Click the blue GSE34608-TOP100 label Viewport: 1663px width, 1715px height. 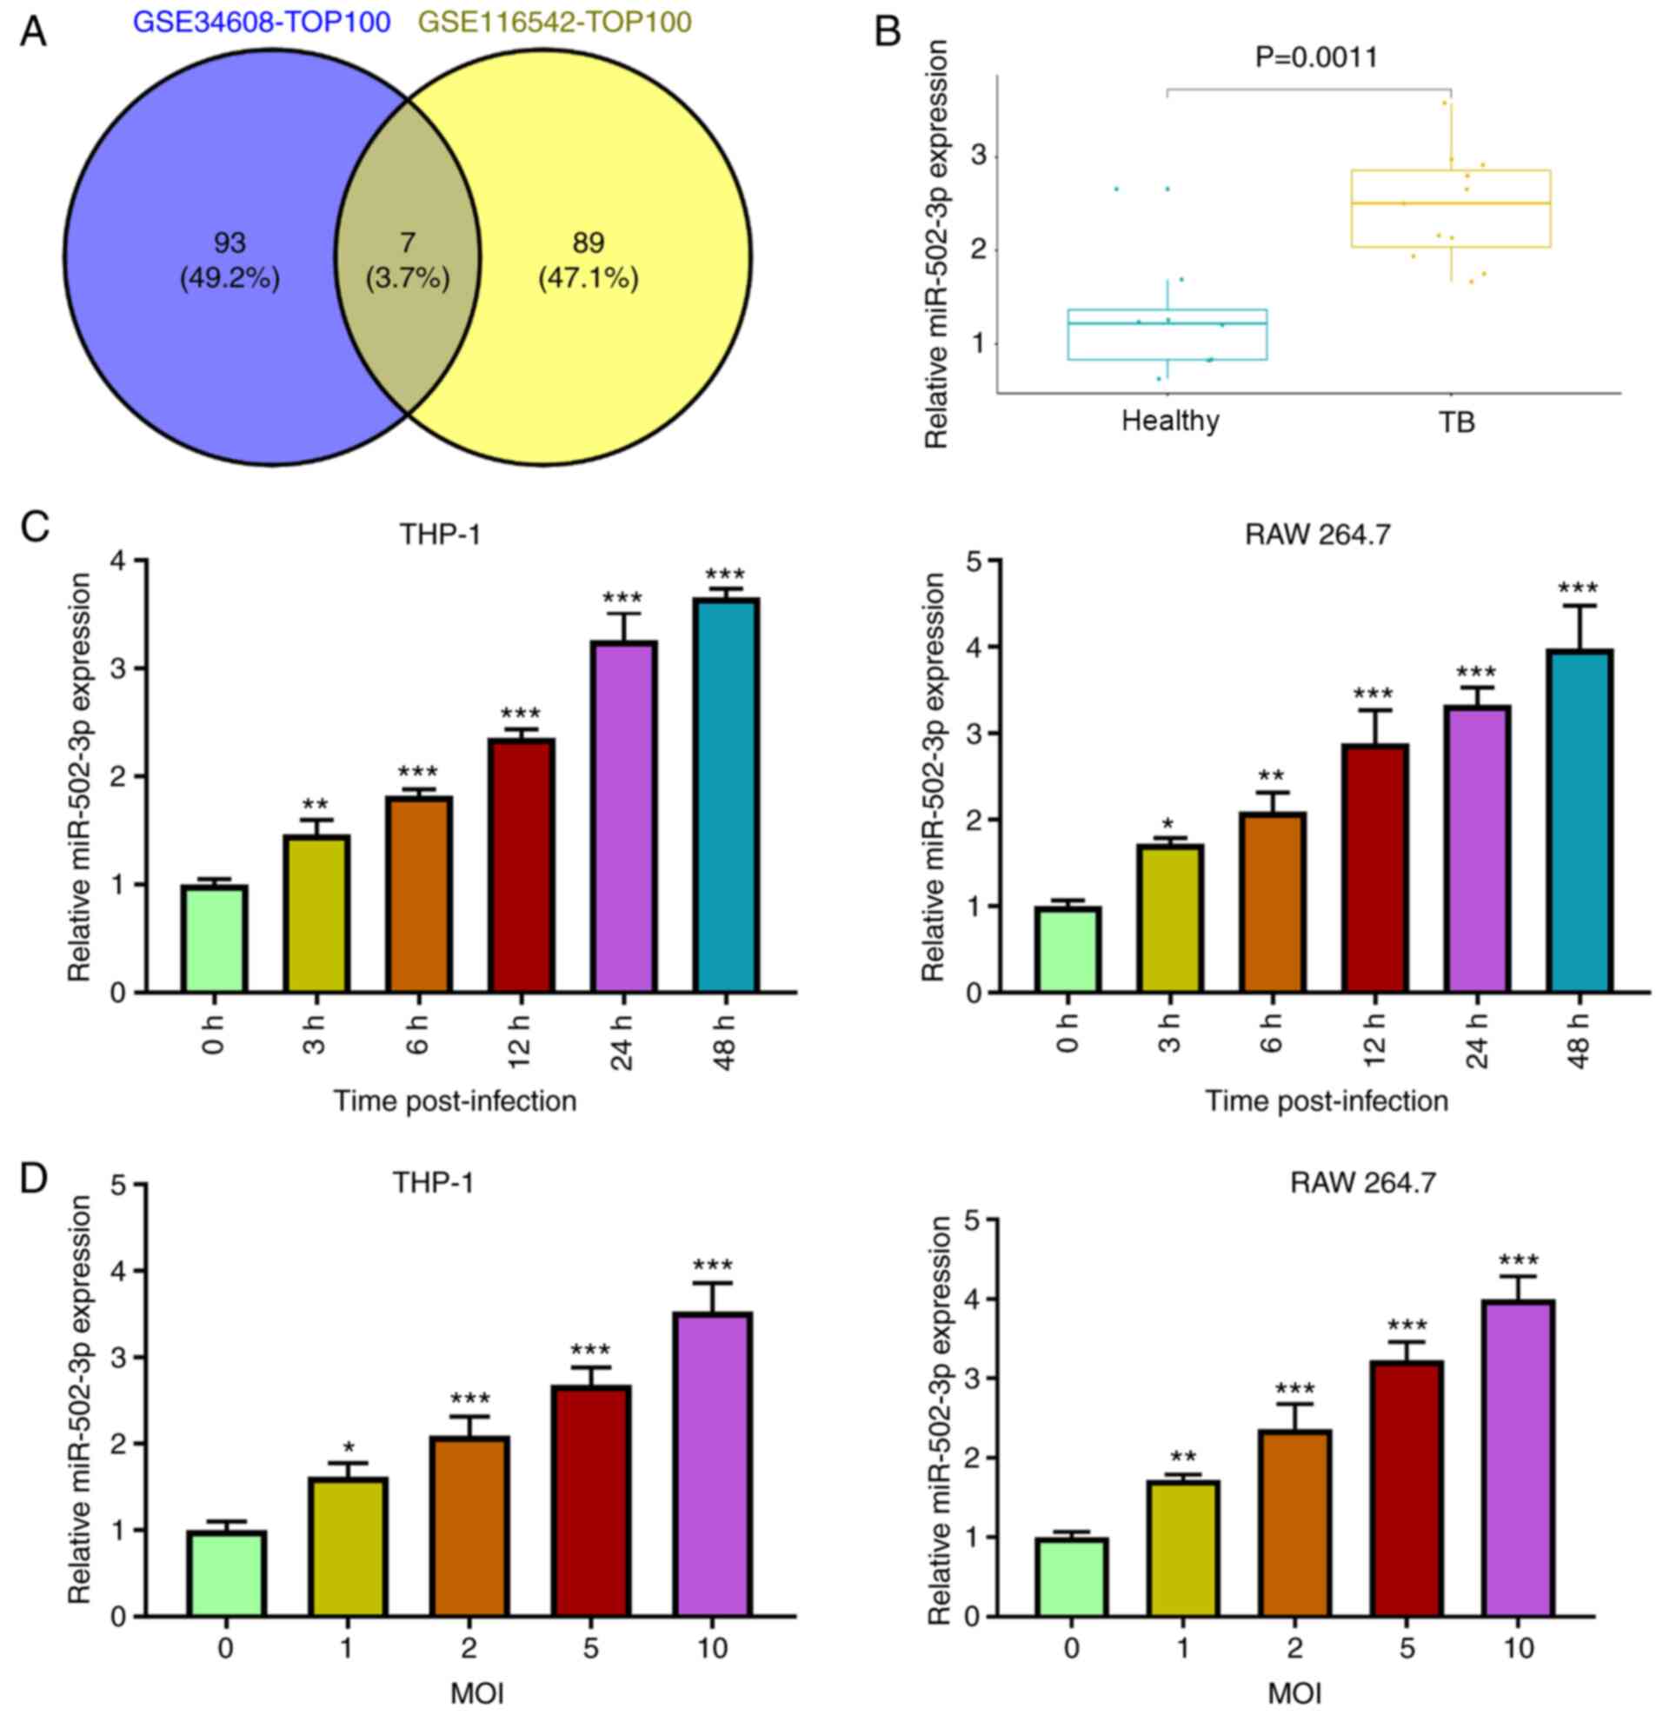pos(261,22)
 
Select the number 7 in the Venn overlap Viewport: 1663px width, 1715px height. pos(407,243)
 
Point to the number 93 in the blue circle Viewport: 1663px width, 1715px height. pos(229,243)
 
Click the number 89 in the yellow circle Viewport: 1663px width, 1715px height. pos(589,243)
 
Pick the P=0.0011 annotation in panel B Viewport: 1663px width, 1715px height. pos(1316,57)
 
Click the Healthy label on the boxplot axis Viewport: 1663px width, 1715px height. pos(1170,421)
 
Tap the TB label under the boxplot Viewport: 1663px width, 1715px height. pos(1456,422)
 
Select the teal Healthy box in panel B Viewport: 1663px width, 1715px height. pos(1167,335)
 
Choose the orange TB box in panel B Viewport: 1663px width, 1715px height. pos(1450,209)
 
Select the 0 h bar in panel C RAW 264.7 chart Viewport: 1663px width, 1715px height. pos(1068,949)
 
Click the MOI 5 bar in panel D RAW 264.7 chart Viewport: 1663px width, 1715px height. pos(1407,1488)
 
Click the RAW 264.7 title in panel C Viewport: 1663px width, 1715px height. pos(1317,535)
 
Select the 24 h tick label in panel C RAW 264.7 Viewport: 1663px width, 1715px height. pos(1477,1043)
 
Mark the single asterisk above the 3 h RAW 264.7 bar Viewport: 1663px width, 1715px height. pos(1168,824)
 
